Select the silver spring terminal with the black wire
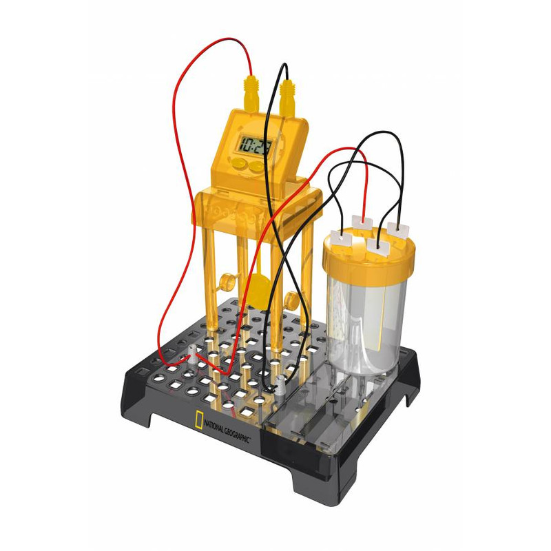tap(280, 386)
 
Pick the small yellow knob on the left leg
tap(225, 282)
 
